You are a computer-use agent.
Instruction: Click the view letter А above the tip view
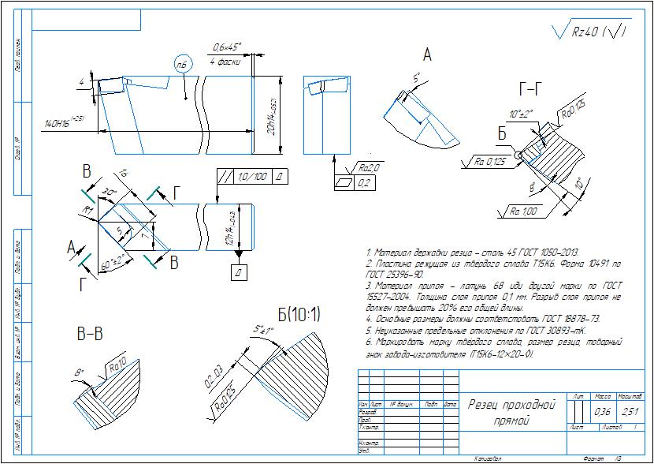click(x=427, y=55)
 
